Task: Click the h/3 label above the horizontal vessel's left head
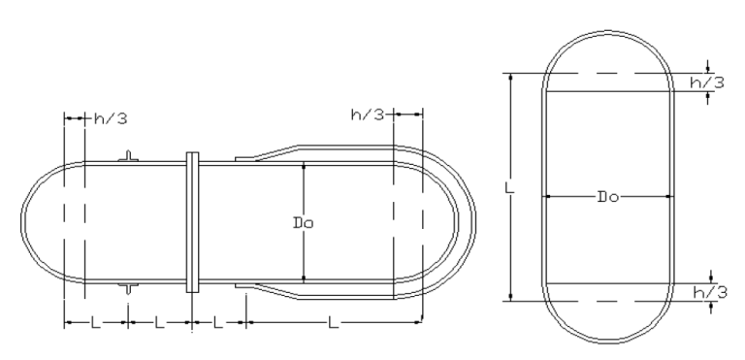tap(111, 118)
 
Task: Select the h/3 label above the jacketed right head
tap(368, 115)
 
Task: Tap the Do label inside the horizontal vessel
tap(303, 222)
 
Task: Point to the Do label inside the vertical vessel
tap(608, 196)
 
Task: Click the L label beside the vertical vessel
tap(509, 187)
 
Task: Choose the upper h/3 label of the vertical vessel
tap(707, 82)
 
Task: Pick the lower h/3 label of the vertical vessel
tap(710, 292)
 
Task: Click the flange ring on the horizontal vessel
tap(192, 222)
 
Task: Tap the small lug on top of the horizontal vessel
tap(128, 156)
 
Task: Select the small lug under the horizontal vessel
tap(128, 288)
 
